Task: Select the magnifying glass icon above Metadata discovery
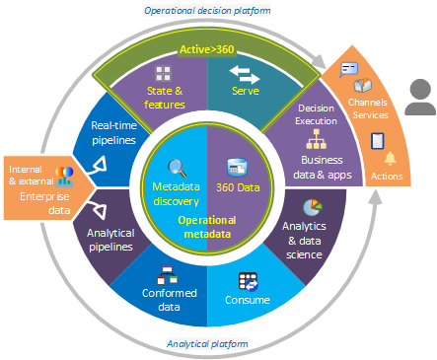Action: (x=177, y=167)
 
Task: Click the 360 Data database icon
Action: (x=238, y=167)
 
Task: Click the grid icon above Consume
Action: (x=248, y=282)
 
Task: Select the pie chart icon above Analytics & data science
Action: (x=313, y=208)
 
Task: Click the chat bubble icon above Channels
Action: (x=348, y=69)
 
